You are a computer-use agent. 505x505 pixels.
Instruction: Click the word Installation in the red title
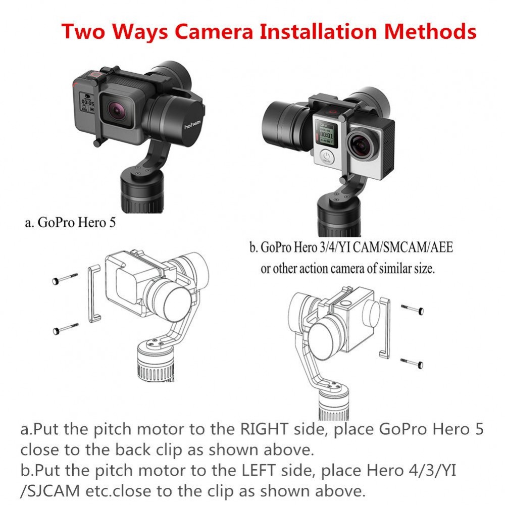click(x=318, y=31)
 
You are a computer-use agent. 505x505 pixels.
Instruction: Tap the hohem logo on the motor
click(x=192, y=124)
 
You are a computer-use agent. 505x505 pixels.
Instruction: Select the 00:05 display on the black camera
click(x=87, y=103)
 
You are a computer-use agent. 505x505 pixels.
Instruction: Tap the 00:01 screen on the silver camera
click(x=326, y=134)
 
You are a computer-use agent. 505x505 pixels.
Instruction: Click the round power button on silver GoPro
click(x=327, y=158)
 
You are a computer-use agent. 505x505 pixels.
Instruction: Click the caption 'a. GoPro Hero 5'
click(x=70, y=223)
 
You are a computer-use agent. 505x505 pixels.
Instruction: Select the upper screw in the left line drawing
click(x=65, y=278)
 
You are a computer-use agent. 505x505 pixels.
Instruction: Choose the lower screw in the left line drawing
click(x=65, y=329)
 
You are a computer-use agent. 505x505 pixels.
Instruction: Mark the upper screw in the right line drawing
click(x=413, y=309)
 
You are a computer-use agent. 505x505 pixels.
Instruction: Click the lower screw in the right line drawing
click(x=412, y=363)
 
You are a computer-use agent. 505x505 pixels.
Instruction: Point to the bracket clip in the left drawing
click(x=90, y=294)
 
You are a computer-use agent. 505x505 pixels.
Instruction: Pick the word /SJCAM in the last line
click(x=50, y=491)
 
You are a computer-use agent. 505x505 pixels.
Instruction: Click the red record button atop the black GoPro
click(x=95, y=75)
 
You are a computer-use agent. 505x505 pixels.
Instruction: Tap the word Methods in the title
click(x=430, y=31)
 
